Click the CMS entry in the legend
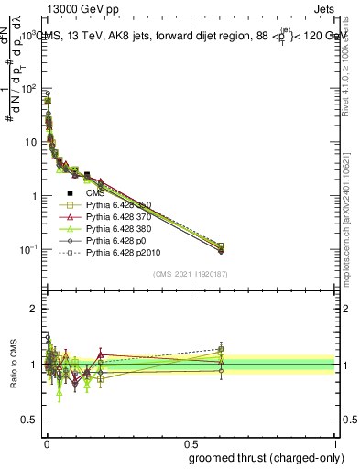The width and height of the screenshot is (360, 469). [x=96, y=193]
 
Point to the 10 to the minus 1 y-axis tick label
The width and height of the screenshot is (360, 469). [x=29, y=250]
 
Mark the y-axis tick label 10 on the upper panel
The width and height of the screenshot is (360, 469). [x=33, y=142]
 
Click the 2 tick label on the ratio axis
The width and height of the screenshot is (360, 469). [x=35, y=309]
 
